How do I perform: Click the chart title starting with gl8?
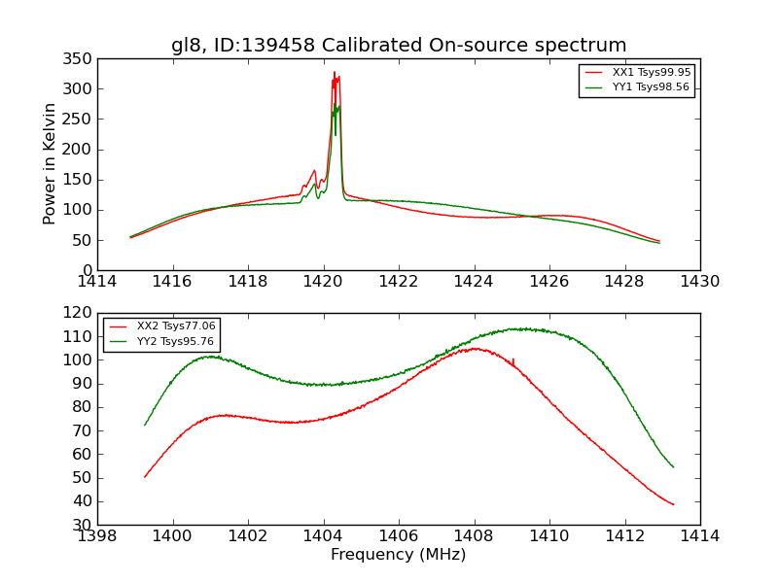(x=399, y=46)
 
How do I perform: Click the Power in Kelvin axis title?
(x=51, y=163)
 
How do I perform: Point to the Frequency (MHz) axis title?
(x=399, y=555)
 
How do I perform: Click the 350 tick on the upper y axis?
(x=81, y=59)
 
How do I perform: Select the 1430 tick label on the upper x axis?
(x=700, y=282)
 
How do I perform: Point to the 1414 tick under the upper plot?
(x=98, y=282)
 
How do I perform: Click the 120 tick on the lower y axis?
(x=81, y=313)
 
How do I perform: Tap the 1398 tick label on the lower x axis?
(x=98, y=536)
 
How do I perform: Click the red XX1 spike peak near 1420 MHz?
(x=335, y=72)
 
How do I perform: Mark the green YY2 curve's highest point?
(x=520, y=328)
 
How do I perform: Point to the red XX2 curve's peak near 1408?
(x=475, y=348)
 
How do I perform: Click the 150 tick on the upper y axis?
(x=81, y=180)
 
